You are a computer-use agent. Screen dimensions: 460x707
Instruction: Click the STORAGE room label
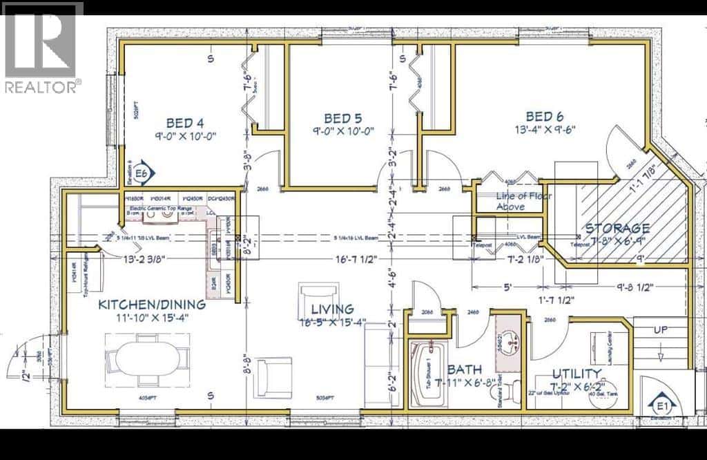tap(617, 228)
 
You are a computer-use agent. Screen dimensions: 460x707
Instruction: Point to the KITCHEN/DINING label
tap(152, 305)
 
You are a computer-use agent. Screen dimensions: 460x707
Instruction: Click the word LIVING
tap(332, 309)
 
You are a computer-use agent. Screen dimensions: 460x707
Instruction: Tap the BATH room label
tap(464, 370)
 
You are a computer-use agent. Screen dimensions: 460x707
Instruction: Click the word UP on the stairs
tap(661, 330)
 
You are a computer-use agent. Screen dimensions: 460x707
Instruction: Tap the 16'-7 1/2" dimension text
tap(355, 260)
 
